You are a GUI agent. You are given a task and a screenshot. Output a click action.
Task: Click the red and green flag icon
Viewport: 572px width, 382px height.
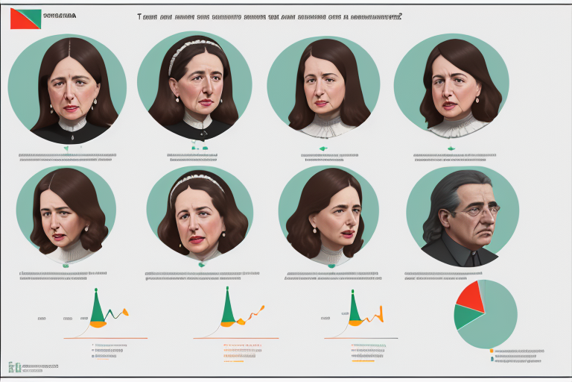[x=25, y=19]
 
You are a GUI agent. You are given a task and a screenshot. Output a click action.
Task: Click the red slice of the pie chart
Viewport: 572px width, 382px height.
[x=471, y=295]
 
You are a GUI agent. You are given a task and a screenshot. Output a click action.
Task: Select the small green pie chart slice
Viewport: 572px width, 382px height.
[x=467, y=316]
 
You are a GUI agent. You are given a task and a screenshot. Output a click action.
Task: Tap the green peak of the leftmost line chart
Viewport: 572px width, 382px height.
[x=96, y=306]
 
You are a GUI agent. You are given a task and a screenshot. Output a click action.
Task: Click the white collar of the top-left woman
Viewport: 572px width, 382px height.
[x=73, y=125]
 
